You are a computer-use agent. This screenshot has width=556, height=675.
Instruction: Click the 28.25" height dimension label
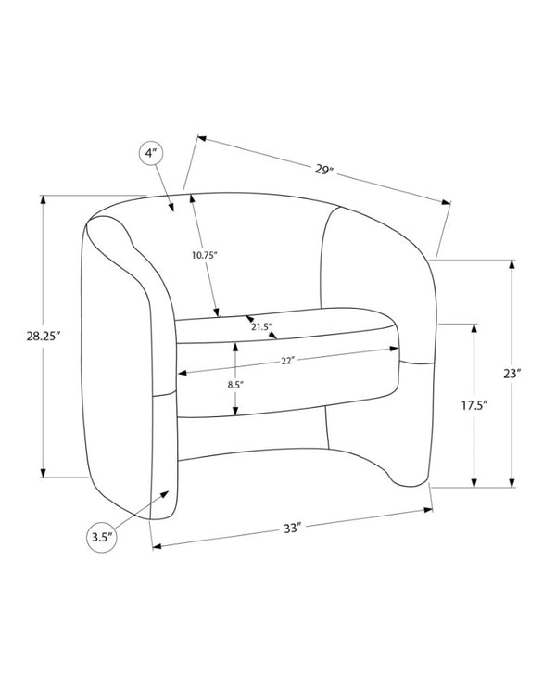coord(43,337)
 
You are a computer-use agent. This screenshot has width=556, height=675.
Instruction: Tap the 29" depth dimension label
coord(324,169)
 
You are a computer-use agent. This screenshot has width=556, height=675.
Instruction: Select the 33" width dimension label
coord(291,528)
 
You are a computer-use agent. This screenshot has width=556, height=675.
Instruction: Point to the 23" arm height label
coord(512,374)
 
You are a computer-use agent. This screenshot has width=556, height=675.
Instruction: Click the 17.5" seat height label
coord(474,405)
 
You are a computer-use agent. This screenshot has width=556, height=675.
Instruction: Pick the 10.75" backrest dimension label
coord(203,255)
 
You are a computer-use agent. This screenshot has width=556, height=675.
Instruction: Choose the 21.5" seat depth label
coord(262,326)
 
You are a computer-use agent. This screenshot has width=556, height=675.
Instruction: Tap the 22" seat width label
coord(287,361)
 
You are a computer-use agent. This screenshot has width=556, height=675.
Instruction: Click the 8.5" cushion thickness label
coord(235,385)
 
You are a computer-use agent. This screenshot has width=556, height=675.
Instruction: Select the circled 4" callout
coord(150,154)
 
